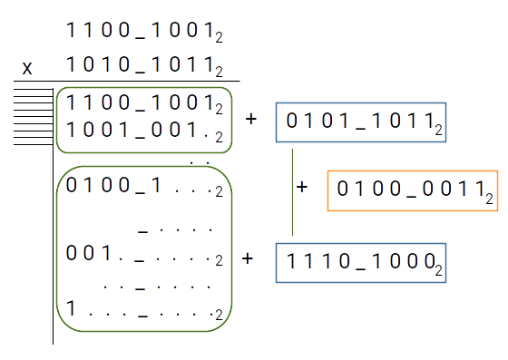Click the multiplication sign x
click(x=27, y=68)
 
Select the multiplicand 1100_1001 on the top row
click(x=141, y=31)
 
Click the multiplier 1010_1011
click(x=141, y=66)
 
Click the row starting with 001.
click(x=136, y=255)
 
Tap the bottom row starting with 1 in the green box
click(x=136, y=309)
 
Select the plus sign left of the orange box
click(x=303, y=187)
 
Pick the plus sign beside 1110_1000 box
click(x=248, y=258)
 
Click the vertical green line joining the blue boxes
click(x=292, y=190)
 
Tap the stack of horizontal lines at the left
click(x=32, y=116)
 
